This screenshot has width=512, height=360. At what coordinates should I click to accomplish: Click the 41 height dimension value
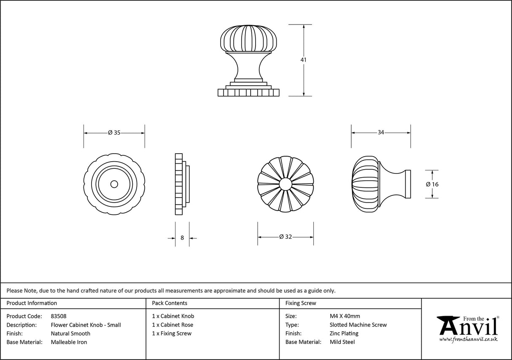(304, 60)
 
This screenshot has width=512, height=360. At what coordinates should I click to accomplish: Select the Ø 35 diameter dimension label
(114, 133)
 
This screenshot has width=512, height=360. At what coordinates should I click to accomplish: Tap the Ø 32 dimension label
(286, 237)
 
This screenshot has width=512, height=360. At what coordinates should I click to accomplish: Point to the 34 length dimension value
(381, 133)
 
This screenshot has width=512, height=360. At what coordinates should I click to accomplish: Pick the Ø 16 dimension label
(432, 184)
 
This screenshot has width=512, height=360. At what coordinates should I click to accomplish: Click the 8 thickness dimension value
(182, 238)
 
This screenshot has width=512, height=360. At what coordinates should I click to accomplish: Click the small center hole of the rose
(114, 184)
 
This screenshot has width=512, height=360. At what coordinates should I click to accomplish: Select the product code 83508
(58, 316)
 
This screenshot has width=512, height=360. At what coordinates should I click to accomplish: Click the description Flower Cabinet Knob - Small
(86, 325)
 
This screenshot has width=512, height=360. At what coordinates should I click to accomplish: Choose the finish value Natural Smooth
(70, 333)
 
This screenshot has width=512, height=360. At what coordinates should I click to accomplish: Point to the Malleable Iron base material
(69, 342)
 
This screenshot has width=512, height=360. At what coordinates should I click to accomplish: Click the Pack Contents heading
(170, 303)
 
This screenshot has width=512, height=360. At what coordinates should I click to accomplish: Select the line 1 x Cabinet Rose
(172, 325)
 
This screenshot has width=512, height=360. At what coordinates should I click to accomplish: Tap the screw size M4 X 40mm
(345, 316)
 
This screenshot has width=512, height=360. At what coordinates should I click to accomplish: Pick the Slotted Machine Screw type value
(358, 325)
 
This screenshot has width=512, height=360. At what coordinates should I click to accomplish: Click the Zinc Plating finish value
(344, 333)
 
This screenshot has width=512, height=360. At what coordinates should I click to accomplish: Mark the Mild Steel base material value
(342, 342)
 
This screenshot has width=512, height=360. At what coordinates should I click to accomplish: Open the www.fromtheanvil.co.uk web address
(468, 339)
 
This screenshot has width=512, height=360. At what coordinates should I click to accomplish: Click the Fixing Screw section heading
(300, 303)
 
